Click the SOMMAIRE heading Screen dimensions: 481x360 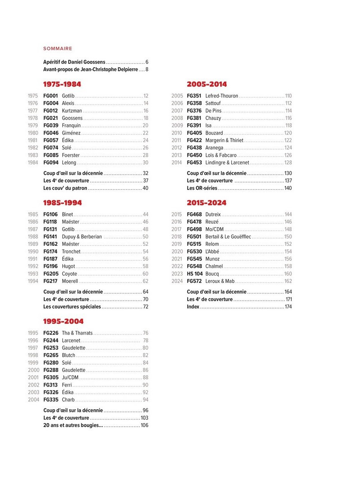pyautogui.click(x=57, y=49)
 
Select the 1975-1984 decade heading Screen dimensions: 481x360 pyautogui.click(x=62, y=84)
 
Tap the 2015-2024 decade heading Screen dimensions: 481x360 pyautogui.click(x=206, y=203)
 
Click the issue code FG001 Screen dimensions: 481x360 pyautogui.click(x=51, y=96)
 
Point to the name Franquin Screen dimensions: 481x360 pyautogui.click(x=71, y=126)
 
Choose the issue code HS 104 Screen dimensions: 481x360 pyautogui.click(x=195, y=274)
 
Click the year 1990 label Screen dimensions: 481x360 pyautogui.click(x=33, y=252)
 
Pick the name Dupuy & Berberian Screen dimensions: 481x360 pyautogui.click(x=82, y=237)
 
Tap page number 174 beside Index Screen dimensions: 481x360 pyautogui.click(x=288, y=307)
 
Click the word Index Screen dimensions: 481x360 pyautogui.click(x=193, y=307)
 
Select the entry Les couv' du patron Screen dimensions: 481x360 pyautogui.click(x=65, y=188)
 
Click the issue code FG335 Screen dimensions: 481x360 pyautogui.click(x=51, y=400)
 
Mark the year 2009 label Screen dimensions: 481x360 pyautogui.click(x=177, y=126)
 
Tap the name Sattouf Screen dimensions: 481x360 pyautogui.click(x=213, y=103)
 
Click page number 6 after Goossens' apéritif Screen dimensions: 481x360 pyautogui.click(x=147, y=61)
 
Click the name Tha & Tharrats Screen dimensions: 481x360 pyautogui.click(x=78, y=333)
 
